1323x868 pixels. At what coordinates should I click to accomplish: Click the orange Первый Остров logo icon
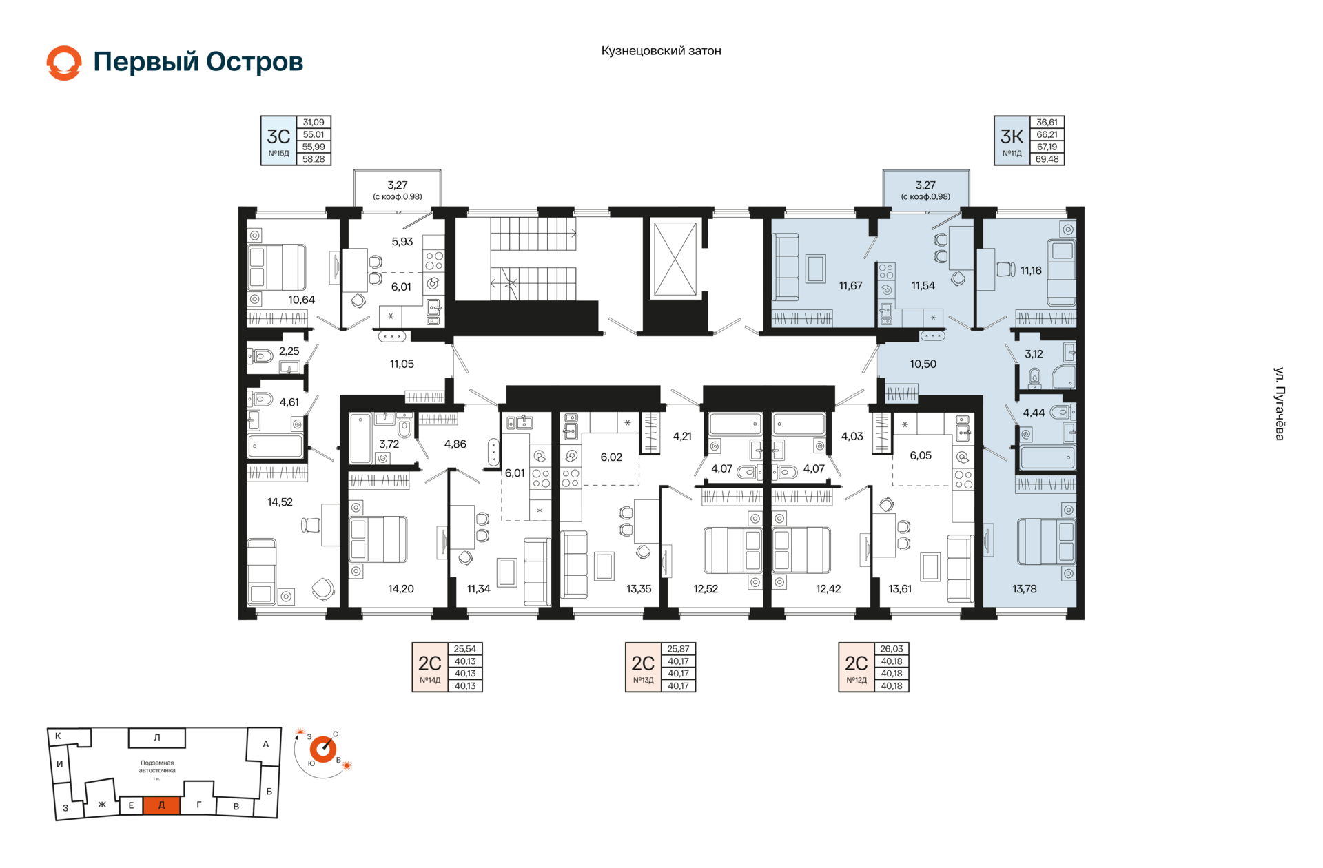(64, 63)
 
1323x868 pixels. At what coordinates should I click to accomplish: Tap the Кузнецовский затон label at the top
(661, 51)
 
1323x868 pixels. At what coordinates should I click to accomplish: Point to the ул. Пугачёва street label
(1279, 404)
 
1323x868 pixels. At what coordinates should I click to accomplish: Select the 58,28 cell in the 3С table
(314, 159)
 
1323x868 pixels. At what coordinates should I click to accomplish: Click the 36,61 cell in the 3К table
(1047, 123)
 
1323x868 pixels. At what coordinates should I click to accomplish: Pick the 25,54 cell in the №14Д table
(465, 649)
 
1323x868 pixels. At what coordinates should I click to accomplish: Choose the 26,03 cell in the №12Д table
(892, 649)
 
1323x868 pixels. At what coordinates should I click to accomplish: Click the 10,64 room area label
(301, 300)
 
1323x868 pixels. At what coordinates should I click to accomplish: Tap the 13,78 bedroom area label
(1025, 589)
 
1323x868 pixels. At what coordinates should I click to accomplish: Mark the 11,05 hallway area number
(402, 364)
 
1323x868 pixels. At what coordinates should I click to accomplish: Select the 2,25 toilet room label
(289, 351)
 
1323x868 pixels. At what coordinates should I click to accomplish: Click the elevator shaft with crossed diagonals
(675, 259)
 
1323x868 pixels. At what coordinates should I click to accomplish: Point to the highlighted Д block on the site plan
(161, 805)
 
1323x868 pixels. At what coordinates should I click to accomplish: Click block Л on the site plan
(157, 738)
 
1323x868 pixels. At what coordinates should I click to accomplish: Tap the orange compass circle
(322, 750)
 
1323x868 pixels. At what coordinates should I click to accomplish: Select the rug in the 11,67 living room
(816, 269)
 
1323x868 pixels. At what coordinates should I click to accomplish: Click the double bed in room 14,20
(378, 539)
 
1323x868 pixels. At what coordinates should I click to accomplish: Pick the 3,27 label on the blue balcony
(925, 185)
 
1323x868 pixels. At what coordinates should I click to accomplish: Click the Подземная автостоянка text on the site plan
(157, 767)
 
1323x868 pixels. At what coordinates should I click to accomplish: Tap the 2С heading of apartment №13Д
(643, 663)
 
